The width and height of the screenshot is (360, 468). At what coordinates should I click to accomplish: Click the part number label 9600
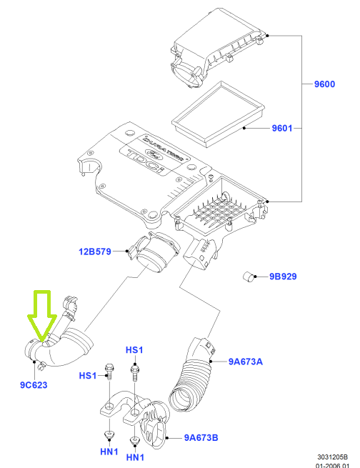(x=324, y=84)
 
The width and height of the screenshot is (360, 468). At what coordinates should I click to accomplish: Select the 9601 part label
(x=282, y=129)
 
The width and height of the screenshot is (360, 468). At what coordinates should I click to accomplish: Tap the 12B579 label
(x=95, y=252)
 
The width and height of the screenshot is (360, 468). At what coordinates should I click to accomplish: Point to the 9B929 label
(x=283, y=277)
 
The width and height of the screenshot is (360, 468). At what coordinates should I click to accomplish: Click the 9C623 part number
(x=34, y=385)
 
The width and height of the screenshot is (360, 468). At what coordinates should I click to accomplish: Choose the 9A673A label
(x=246, y=362)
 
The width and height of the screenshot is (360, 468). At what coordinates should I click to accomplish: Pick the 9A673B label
(x=201, y=438)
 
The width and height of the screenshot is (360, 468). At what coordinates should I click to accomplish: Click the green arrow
(x=42, y=316)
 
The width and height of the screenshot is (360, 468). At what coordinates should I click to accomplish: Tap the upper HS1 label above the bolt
(x=134, y=350)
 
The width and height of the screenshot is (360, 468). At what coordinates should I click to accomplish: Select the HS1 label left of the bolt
(x=88, y=376)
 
